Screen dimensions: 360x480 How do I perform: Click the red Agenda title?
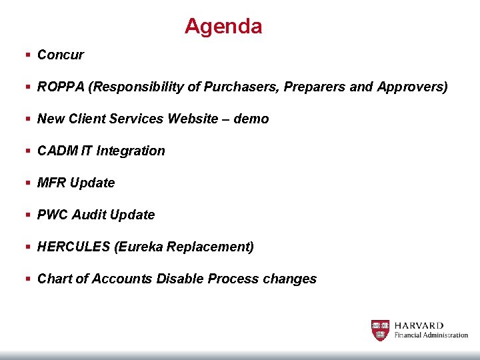pos(223,27)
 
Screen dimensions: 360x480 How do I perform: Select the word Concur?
pos(61,55)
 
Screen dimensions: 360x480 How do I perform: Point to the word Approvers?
pos(412,87)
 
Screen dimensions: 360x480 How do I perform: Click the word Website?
pos(193,119)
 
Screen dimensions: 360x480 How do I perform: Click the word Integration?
pos(131,151)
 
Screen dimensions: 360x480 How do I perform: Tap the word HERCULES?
pos(74,247)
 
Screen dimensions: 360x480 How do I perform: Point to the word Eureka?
pos(139,247)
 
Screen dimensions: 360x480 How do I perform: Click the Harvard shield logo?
pos(380,330)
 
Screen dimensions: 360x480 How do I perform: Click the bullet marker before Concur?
pos(27,55)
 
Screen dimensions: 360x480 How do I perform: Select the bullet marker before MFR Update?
pos(27,183)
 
